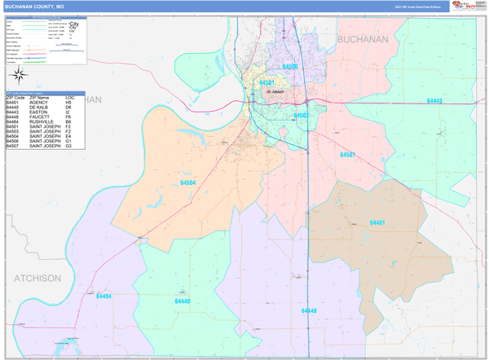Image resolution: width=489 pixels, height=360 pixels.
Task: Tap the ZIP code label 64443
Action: pyautogui.click(x=434, y=101)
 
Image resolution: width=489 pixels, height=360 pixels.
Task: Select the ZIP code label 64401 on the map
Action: pyautogui.click(x=377, y=222)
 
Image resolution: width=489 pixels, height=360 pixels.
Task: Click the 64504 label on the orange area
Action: pyautogui.click(x=187, y=183)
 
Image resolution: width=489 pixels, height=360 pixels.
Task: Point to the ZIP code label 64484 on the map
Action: pyautogui.click(x=104, y=296)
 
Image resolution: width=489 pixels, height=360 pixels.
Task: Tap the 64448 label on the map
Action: pyautogui.click(x=308, y=310)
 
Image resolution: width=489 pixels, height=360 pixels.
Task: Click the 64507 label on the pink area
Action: pyautogui.click(x=348, y=155)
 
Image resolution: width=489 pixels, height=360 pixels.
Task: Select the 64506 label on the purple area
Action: pyautogui.click(x=290, y=67)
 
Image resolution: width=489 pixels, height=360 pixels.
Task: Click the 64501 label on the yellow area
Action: pyautogui.click(x=267, y=83)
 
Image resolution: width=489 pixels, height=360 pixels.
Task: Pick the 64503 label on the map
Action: pyautogui.click(x=302, y=116)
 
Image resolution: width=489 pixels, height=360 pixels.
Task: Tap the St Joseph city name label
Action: pyautogui.click(x=277, y=91)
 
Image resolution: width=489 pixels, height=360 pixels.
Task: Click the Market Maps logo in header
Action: pyautogui.click(x=464, y=6)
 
